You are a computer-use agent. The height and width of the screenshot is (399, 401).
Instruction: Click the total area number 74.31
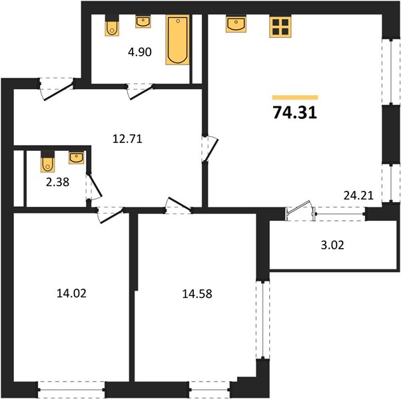point(295,112)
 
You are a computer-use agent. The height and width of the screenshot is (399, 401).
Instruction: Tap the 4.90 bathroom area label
point(140,52)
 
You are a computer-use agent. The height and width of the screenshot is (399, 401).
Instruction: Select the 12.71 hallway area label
point(127,139)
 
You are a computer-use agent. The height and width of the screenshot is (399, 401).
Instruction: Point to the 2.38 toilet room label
point(57,182)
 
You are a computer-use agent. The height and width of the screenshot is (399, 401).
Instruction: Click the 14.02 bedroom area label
point(71,293)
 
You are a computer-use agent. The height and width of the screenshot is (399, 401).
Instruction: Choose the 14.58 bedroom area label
point(197,294)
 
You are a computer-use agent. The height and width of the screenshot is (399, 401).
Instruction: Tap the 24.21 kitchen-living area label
point(358,196)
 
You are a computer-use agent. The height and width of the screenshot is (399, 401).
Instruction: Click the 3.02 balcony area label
point(332,245)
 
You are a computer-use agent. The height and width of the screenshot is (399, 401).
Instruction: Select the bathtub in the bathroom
point(177,40)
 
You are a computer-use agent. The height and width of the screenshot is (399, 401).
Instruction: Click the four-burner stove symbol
point(280,27)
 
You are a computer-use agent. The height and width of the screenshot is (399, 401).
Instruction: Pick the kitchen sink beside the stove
point(236,24)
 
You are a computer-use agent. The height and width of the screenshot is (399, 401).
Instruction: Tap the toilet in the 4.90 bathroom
point(112,25)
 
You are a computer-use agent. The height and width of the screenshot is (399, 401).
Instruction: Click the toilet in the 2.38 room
point(47,162)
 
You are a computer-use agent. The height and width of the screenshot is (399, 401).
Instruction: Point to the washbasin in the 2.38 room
point(76,158)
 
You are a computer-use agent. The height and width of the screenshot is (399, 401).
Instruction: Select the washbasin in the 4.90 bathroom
point(143,22)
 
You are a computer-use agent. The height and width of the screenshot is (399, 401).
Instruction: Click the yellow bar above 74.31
point(295,97)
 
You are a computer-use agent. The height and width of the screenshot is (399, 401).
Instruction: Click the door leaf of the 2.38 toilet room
point(95,185)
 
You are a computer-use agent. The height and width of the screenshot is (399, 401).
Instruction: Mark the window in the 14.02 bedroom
point(71,390)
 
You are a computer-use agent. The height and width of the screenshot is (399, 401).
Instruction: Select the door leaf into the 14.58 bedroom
point(179,204)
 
